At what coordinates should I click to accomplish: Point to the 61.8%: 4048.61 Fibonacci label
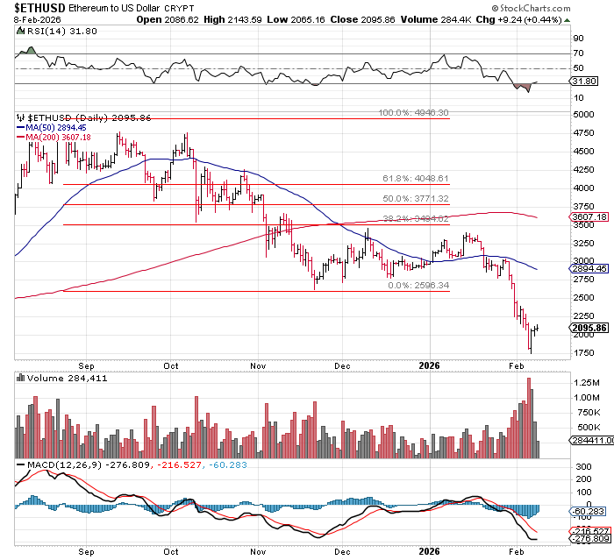coord(416,178)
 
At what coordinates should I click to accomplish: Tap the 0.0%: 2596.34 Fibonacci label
coord(418,286)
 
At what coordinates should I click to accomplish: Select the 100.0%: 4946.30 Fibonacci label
coord(413,113)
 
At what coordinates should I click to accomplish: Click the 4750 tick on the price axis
coord(581,133)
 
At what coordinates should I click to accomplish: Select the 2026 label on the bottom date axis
coord(430,552)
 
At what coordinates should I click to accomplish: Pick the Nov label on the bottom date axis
coord(258,552)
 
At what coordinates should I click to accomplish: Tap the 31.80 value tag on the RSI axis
coord(583,82)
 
